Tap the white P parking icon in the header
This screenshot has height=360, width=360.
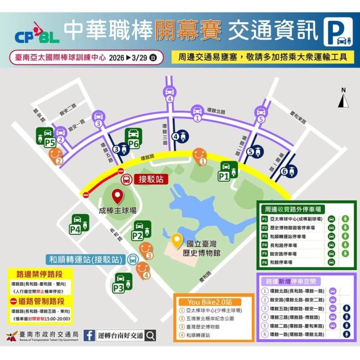point(338,31)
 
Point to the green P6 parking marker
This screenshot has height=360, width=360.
point(133,137)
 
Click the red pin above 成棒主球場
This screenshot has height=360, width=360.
point(117,197)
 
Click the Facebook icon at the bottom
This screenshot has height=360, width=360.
point(89,335)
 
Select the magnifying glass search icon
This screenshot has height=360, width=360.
point(151,335)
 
